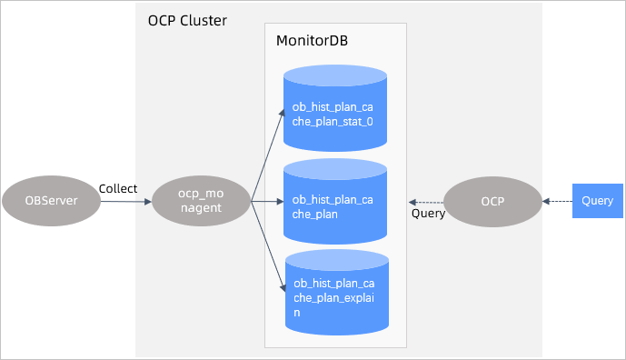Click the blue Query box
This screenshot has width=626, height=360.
597,201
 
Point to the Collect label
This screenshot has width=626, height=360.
118,188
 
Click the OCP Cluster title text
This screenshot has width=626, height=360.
187,21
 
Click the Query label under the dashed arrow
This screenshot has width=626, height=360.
428,215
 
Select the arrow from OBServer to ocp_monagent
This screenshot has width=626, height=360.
124,201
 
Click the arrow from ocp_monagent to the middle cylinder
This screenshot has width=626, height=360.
267,201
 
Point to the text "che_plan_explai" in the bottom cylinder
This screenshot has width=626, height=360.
334,298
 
